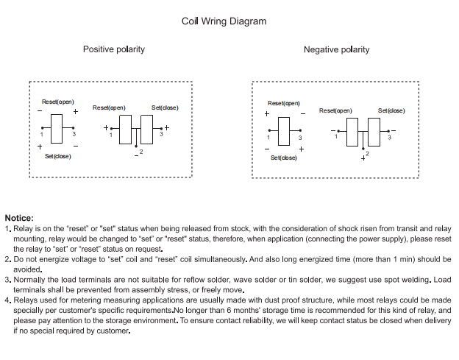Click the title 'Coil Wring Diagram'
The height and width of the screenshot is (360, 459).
(x=224, y=21)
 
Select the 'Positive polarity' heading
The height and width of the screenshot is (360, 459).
(x=113, y=49)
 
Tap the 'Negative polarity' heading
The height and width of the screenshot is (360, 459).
(x=336, y=50)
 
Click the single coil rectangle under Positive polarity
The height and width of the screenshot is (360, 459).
(x=57, y=128)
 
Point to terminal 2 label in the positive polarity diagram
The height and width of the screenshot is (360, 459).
(x=141, y=152)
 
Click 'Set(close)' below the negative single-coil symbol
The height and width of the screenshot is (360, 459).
(x=283, y=158)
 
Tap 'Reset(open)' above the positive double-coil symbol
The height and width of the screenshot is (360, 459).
(x=109, y=108)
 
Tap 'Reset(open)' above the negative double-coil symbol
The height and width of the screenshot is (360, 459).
(x=335, y=110)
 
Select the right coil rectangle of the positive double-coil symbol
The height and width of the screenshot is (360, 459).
(x=146, y=129)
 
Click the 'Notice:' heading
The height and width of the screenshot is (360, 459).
(x=19, y=218)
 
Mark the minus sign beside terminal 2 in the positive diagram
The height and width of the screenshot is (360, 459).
(x=136, y=155)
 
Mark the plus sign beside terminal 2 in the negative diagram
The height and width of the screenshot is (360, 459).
(x=363, y=157)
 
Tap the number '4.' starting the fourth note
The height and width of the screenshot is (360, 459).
(x=7, y=300)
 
